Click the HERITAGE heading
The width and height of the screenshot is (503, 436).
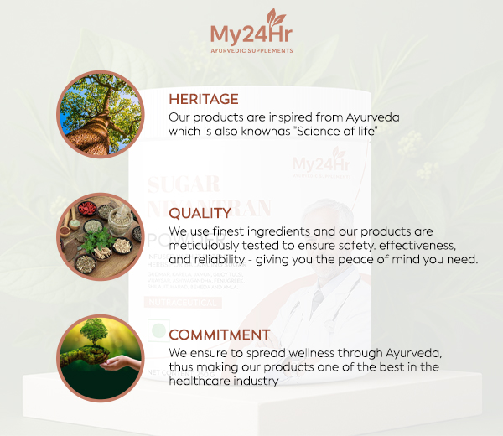(x=204, y=99)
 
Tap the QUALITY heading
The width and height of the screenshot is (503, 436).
(x=200, y=214)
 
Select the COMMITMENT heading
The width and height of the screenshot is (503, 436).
(x=219, y=335)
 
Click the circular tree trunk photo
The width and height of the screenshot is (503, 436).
(x=96, y=110)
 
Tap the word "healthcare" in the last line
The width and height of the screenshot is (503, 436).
(x=202, y=381)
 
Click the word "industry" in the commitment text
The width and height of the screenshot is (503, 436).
(x=256, y=381)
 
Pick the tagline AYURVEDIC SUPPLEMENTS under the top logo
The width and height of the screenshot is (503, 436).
(x=251, y=51)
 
